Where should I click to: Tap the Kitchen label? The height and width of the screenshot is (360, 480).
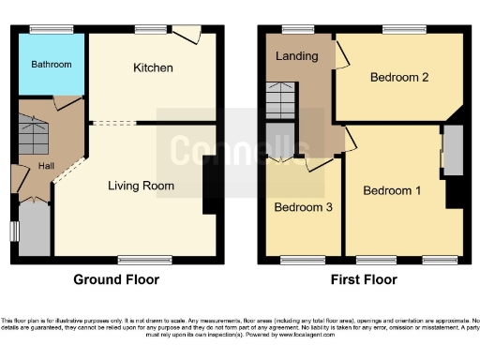(153, 68)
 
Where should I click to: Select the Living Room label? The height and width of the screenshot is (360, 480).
(140, 186)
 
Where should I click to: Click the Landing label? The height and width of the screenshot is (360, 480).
(296, 56)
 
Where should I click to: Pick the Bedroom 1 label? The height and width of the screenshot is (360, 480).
(391, 191)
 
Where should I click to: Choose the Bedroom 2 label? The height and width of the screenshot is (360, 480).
(399, 78)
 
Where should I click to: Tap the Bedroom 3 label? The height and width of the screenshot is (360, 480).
(299, 207)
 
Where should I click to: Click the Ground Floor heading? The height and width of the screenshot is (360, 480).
(116, 279)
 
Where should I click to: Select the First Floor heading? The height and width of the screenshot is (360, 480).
(362, 279)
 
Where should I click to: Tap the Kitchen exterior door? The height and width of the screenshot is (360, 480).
(191, 35)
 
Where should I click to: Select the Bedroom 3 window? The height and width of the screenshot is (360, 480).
(299, 258)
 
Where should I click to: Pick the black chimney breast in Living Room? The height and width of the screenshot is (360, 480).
(212, 187)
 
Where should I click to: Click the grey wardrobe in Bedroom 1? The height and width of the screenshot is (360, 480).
(452, 150)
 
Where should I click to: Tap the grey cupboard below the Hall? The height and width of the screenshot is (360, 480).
(35, 230)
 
